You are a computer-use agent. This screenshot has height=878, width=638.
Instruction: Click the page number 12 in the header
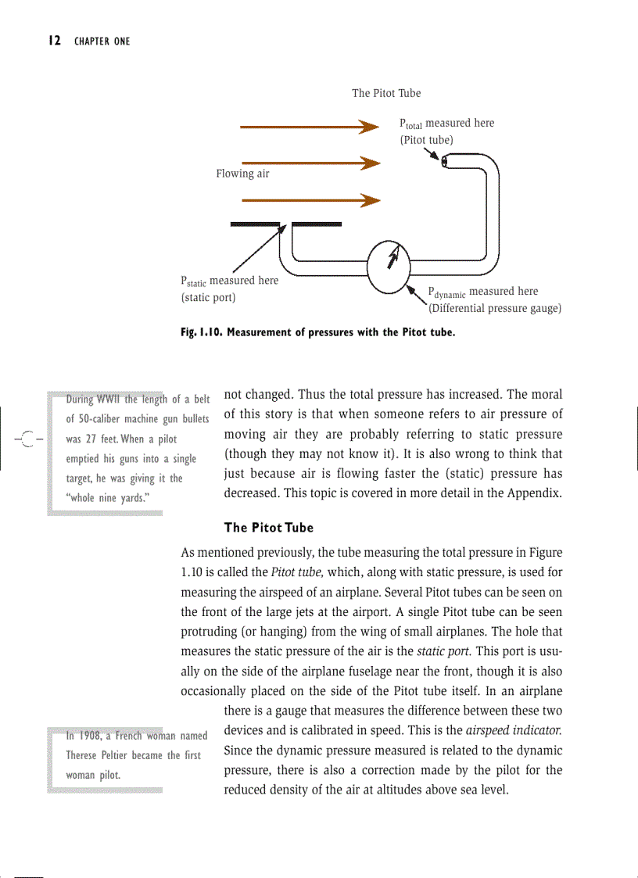coord(54,41)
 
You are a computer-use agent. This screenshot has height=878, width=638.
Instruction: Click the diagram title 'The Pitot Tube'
coord(385,93)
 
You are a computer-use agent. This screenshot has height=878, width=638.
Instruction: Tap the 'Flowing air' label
coord(242,174)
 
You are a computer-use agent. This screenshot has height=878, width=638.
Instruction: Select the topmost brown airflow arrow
coord(310,127)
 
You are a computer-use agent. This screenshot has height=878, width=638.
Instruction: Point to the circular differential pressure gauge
coord(389,266)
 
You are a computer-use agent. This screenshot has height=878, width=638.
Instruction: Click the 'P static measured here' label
coord(229,281)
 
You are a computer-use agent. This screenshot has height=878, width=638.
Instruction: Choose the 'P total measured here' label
coord(446,124)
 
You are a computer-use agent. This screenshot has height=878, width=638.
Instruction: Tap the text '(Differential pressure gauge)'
coord(495,308)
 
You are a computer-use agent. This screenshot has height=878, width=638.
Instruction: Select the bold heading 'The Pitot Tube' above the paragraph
coord(268,528)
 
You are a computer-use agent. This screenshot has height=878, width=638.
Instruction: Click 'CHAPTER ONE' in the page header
coord(102,41)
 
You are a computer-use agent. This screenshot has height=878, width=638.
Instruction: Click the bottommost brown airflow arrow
coord(310,201)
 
